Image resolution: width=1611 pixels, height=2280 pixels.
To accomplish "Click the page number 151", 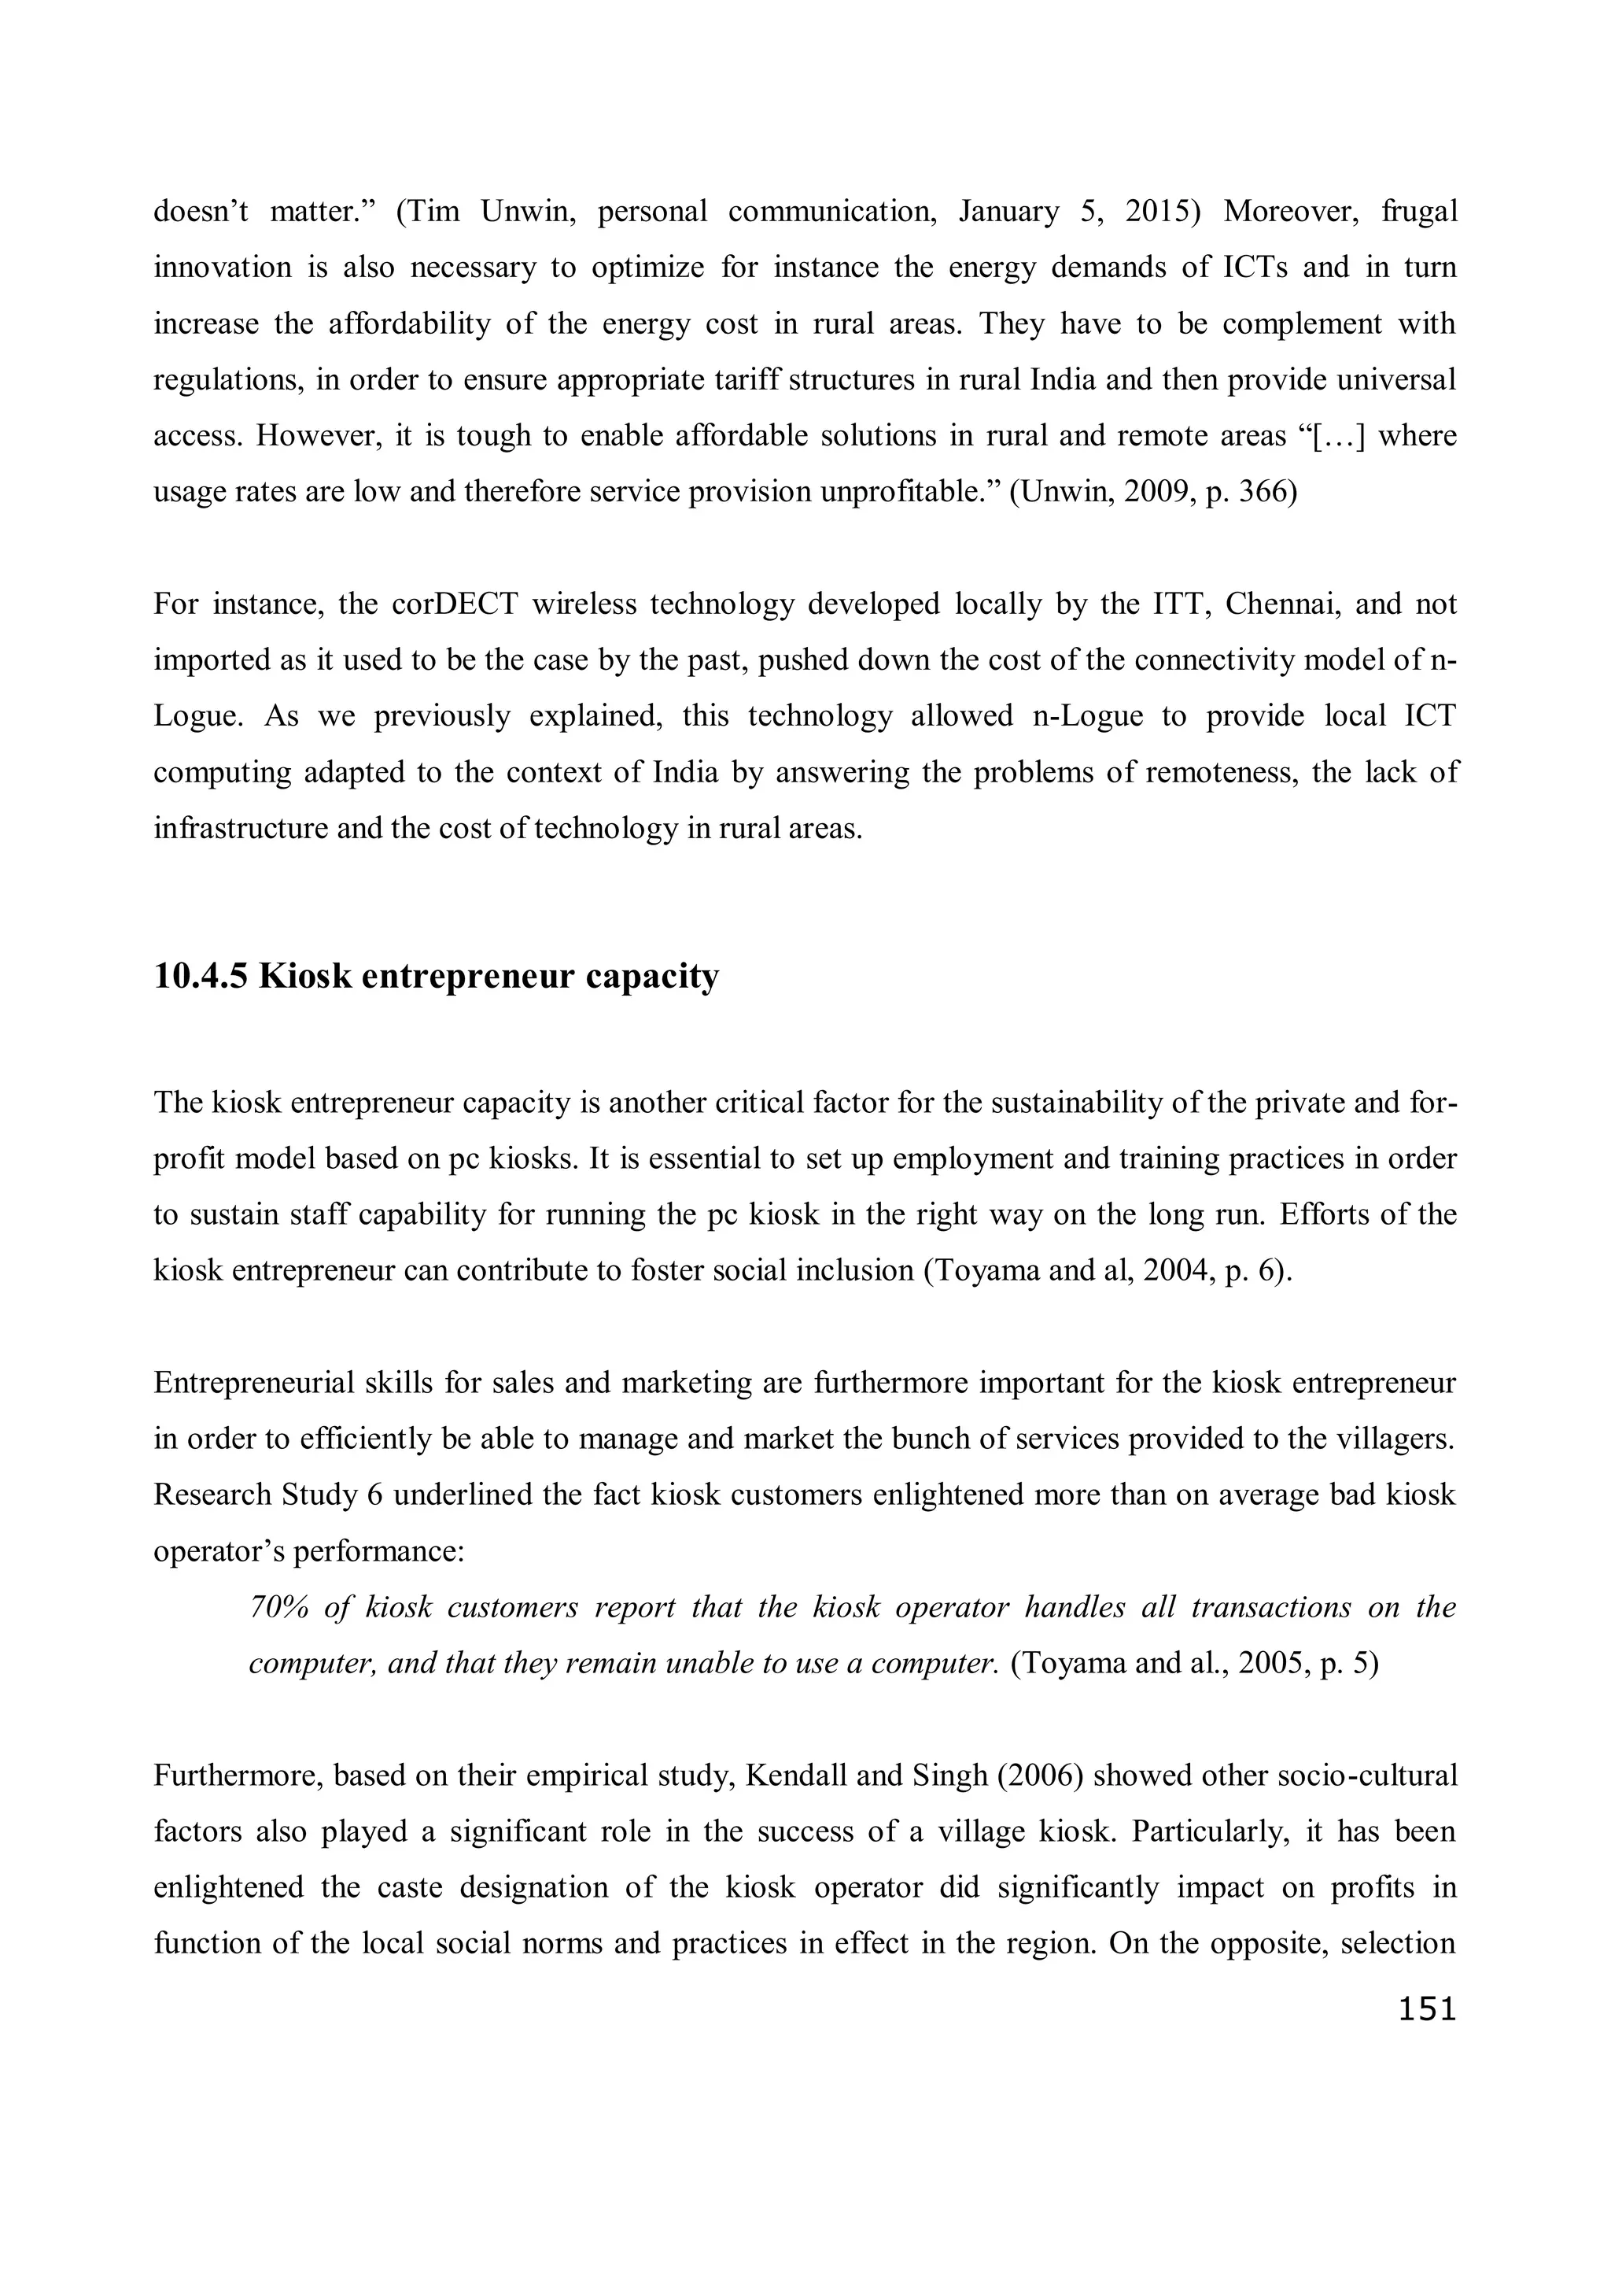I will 1426,2009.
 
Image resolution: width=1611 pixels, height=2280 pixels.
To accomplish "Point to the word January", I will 1008,212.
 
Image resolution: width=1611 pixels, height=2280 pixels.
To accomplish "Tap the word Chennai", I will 1280,604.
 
